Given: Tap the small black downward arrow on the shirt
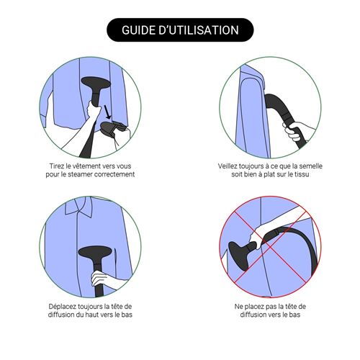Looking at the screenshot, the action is [x=107, y=112].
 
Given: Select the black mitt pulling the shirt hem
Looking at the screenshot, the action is [x=112, y=129].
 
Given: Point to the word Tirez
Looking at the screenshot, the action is [x=57, y=166].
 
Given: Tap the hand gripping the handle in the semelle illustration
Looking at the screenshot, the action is [x=297, y=132].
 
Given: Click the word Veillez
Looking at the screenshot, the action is [x=228, y=166].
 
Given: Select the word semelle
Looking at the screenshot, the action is [x=311, y=166].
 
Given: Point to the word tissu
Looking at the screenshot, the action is [x=302, y=174].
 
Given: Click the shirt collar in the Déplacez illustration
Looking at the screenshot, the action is [x=78, y=207].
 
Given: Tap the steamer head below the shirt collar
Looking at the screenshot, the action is [x=95, y=252].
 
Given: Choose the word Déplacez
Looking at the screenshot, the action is [x=60, y=307].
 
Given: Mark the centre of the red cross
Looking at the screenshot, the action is [x=270, y=247].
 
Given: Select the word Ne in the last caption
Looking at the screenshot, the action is [x=238, y=307].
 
